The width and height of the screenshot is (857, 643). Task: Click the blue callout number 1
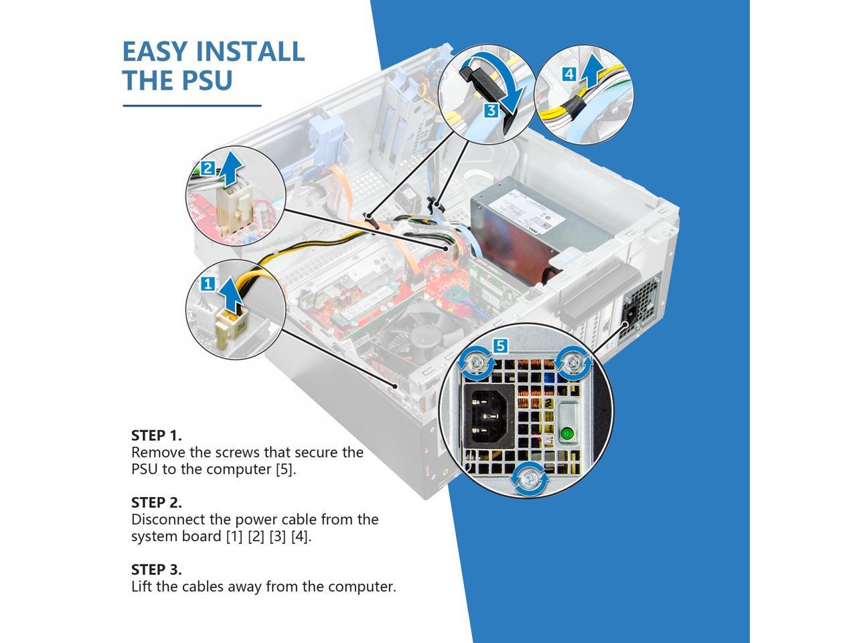tap(208, 284)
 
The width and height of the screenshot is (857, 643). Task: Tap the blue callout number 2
tap(208, 168)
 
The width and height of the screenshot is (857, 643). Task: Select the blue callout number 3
tap(491, 111)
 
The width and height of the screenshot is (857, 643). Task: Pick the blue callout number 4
tap(568, 74)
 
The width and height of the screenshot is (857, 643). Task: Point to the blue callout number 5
tap(500, 346)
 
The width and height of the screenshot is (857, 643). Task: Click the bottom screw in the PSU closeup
tap(530, 478)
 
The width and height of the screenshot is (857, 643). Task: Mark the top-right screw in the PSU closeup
tap(573, 363)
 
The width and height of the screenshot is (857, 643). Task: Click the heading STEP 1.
tap(156, 435)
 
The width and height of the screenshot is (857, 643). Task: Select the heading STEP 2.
tap(156, 502)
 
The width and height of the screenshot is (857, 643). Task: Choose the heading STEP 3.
tap(156, 569)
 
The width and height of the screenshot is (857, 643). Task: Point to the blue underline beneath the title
tap(191, 105)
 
